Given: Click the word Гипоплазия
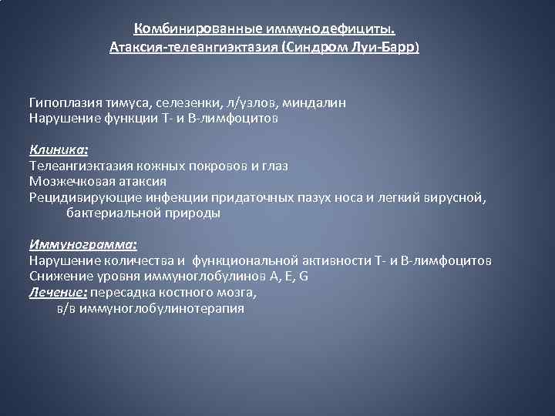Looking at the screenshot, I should (x=63, y=102).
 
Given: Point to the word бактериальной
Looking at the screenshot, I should (x=113, y=213).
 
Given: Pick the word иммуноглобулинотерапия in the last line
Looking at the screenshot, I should (x=168, y=308).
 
